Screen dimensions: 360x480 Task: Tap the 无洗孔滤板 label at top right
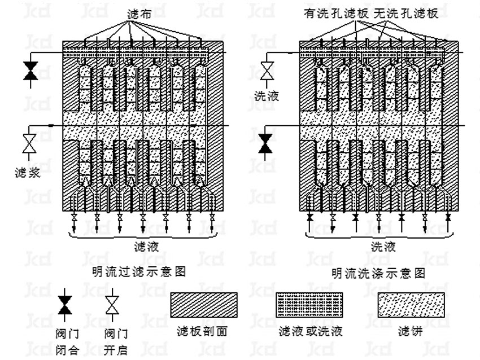click(400, 12)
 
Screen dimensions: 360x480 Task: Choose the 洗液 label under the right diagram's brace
click(383, 247)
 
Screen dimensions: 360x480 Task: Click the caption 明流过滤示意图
click(139, 271)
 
